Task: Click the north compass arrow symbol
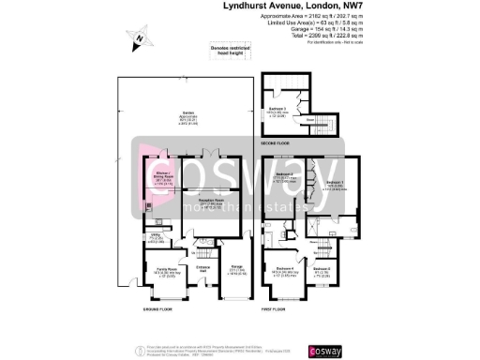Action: tap(137, 38)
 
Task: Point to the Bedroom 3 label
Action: tap(277, 110)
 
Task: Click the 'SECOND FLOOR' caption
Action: tap(276, 142)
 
